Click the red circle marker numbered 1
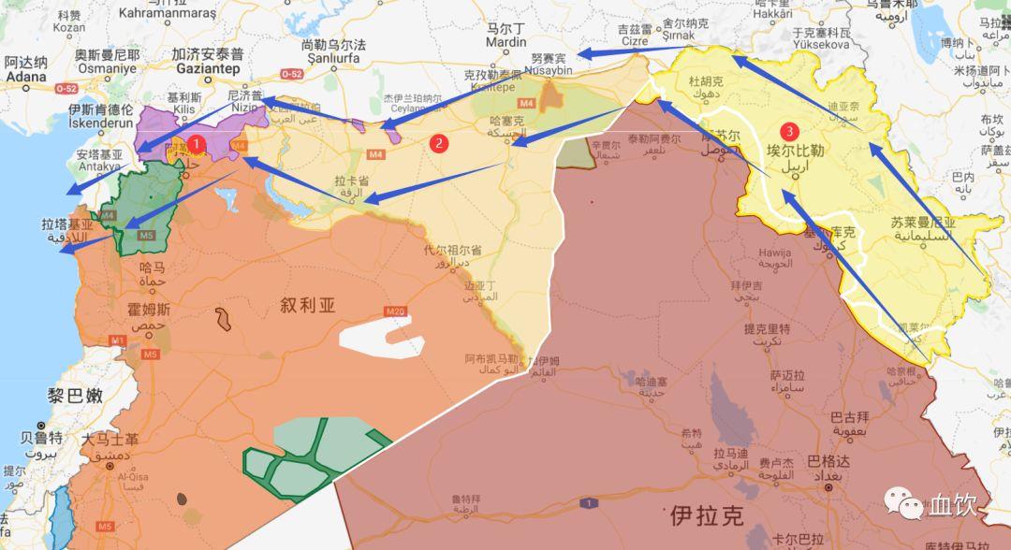point(197,144)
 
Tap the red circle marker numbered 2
point(440,143)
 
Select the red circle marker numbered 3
point(791,131)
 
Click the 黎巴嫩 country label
point(75,396)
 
